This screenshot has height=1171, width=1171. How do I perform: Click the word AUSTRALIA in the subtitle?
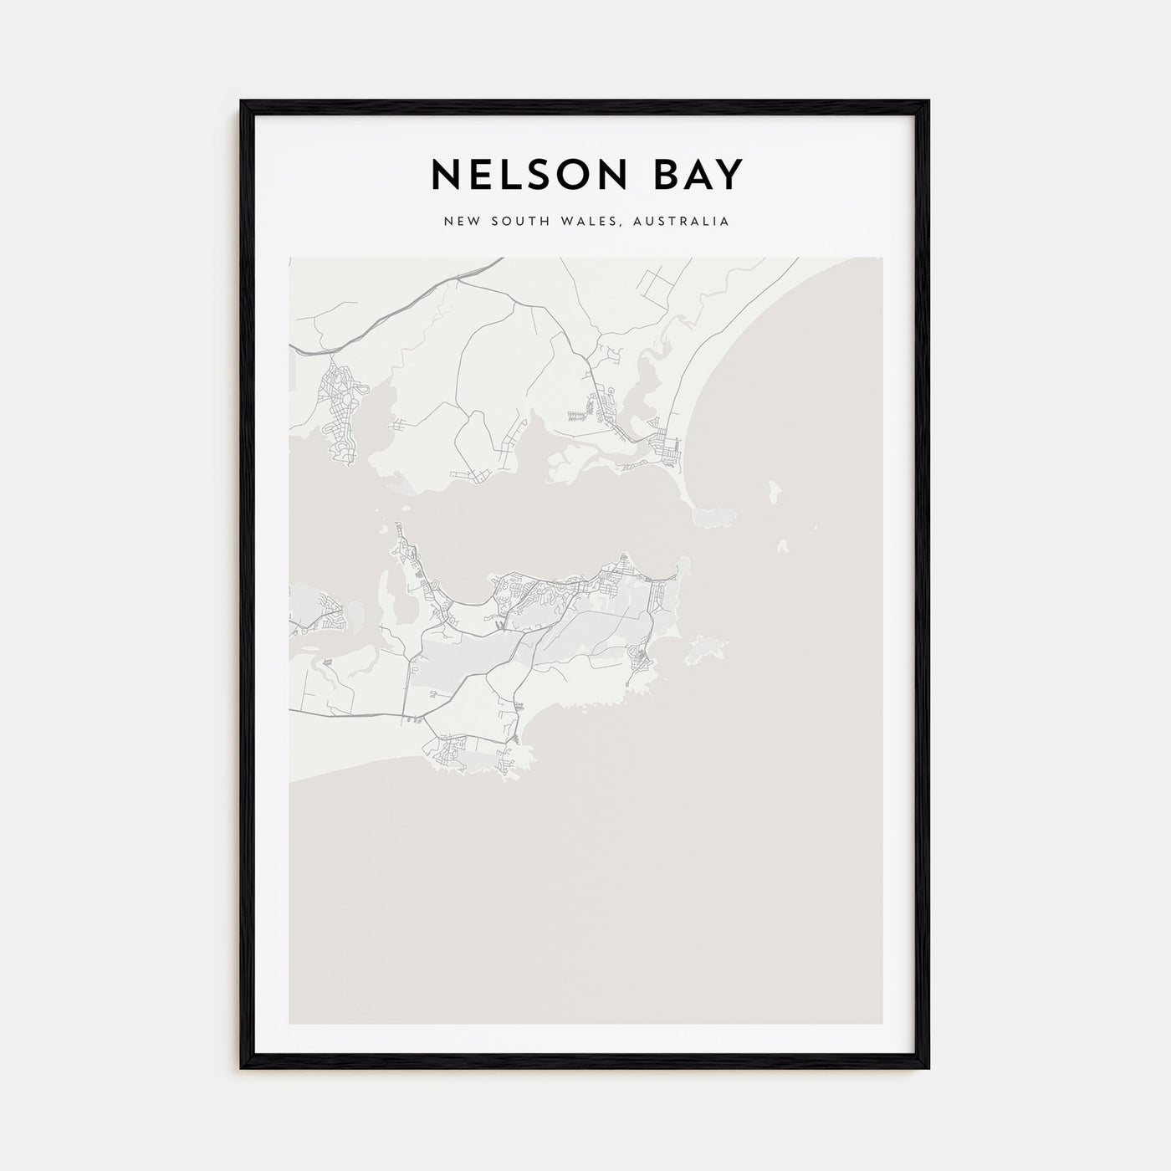coord(682,222)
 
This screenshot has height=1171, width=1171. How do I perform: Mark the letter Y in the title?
coord(729,175)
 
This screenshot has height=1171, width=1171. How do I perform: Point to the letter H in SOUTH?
coord(545,222)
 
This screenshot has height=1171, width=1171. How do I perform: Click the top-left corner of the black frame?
coord(242,102)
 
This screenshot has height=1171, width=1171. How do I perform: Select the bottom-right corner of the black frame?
coord(928,1067)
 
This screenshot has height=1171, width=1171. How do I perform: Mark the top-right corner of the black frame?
coord(928,102)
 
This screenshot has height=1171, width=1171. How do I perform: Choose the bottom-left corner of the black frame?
coord(242,1067)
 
